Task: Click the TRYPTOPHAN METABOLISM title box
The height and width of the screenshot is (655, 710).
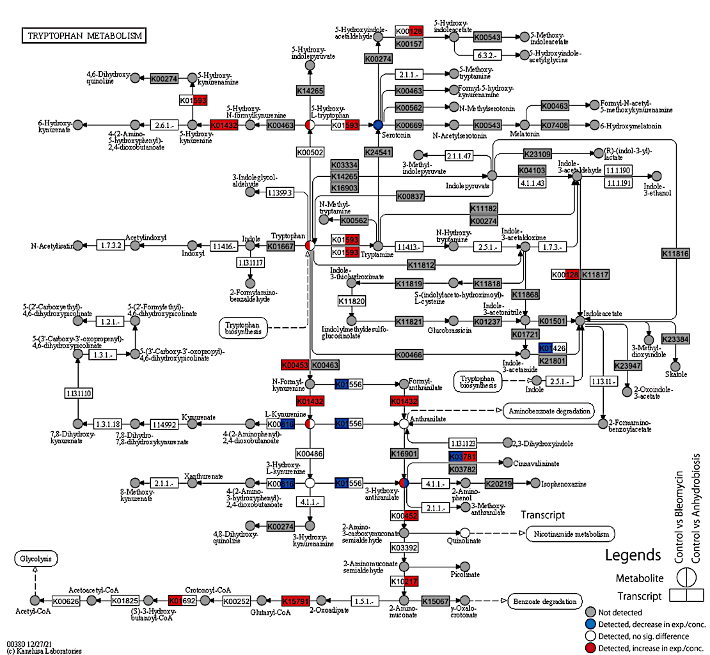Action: (x=84, y=36)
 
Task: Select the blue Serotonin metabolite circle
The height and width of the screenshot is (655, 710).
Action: (x=378, y=125)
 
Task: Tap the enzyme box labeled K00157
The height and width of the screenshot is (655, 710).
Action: (x=409, y=43)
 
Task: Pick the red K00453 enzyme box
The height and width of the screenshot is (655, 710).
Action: (x=295, y=365)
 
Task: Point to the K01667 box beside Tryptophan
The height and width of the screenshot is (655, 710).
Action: (x=280, y=245)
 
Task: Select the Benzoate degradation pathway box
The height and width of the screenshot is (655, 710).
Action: (x=545, y=601)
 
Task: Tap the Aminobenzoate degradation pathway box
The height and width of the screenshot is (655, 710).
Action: (x=549, y=411)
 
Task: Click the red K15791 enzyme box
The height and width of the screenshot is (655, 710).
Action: (x=296, y=601)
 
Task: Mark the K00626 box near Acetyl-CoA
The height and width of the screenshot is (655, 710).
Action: (x=65, y=601)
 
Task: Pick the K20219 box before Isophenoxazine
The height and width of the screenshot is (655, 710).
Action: (x=498, y=484)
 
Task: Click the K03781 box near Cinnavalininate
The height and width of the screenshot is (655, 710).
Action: (x=463, y=456)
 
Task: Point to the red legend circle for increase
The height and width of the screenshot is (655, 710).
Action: (x=590, y=649)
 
